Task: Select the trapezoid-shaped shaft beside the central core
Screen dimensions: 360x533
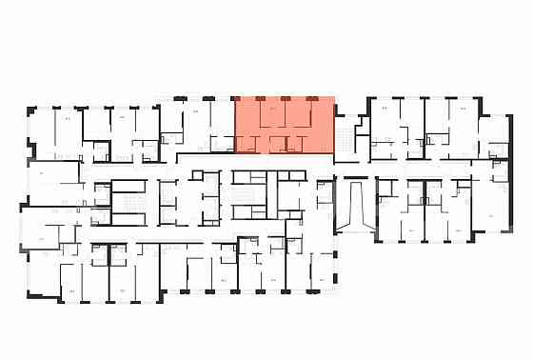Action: tap(354, 206)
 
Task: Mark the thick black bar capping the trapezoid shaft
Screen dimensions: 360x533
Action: tap(354, 177)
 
